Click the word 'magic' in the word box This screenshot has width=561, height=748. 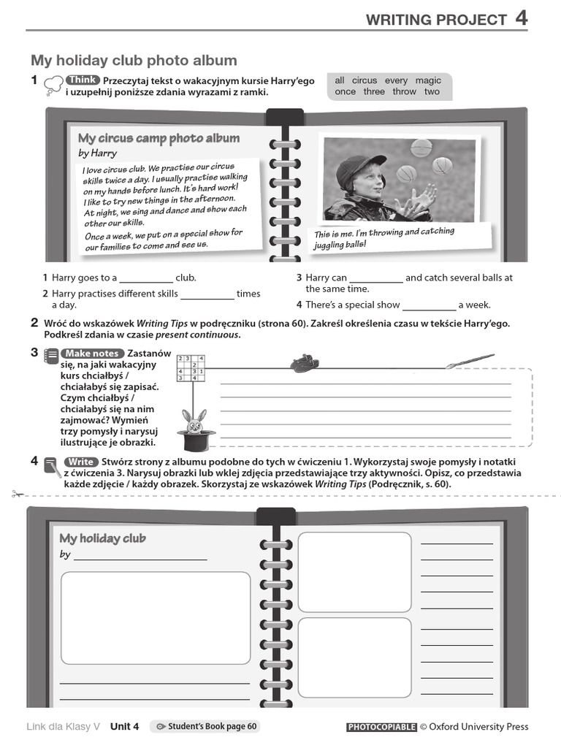coord(428,80)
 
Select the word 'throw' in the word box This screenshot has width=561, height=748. coord(404,92)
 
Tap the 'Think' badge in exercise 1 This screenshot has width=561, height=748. coord(83,80)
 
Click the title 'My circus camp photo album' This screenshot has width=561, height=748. coord(159,138)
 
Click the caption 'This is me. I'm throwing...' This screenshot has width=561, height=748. coord(384,237)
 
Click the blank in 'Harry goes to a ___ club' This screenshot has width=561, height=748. coord(145,279)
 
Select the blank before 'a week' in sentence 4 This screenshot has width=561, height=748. coord(429,306)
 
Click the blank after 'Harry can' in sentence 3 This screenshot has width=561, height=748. coord(375,279)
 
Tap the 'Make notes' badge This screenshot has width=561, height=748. coord(93,354)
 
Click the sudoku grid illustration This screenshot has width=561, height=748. coord(191,368)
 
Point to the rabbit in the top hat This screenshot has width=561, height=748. coord(191,424)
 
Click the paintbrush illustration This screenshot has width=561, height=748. coord(470,361)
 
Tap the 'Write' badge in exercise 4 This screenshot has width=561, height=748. coord(80,462)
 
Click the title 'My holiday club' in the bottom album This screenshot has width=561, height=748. coord(102,538)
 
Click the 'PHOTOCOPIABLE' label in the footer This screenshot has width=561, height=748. coord(381,727)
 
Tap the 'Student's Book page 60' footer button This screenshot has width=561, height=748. coord(205,727)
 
